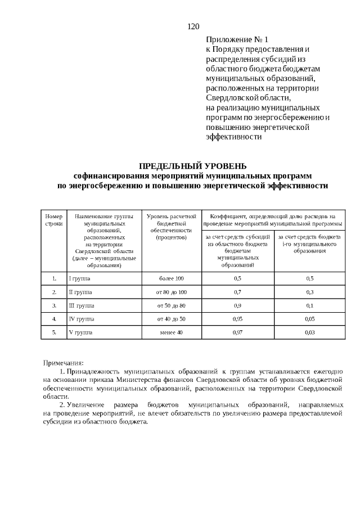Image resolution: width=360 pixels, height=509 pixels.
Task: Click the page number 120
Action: pos(193,26)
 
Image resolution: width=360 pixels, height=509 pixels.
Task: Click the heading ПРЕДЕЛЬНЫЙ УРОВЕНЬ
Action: pos(193,165)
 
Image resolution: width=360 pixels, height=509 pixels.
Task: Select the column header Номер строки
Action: pos(54,219)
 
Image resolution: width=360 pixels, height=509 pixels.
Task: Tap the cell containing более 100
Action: pos(171,278)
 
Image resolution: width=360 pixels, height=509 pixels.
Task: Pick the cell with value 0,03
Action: pos(309,332)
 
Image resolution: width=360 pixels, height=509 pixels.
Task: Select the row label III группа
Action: pos(82,305)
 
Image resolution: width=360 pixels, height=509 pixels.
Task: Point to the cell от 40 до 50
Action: pos(171,319)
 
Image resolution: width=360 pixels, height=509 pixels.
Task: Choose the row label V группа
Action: pos(79,332)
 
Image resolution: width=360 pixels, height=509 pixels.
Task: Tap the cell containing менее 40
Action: pos(171,332)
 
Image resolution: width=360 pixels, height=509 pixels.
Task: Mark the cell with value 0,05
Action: pos(309,319)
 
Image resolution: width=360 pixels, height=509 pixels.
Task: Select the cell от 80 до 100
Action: pos(171,292)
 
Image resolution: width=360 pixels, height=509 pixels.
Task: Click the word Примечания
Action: pos(64,363)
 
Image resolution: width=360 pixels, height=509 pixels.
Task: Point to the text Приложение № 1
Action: pos(238,40)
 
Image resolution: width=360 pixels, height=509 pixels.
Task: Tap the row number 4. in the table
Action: pos(54,319)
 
